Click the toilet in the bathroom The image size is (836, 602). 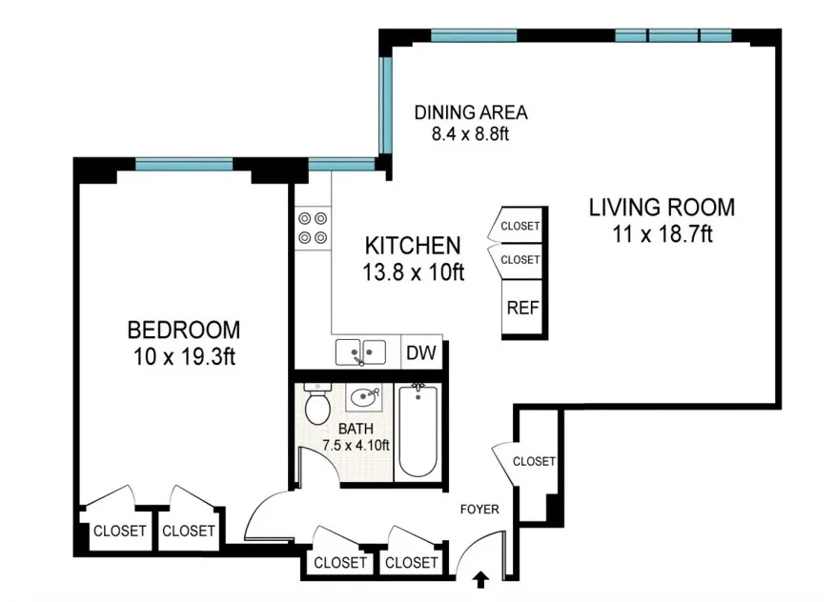316,405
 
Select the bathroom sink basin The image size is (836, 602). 363,396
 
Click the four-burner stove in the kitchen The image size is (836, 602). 313,228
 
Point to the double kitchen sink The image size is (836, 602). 360,351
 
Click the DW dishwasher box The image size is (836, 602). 420,352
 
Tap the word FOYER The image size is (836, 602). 479,509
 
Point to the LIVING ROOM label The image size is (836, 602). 661,207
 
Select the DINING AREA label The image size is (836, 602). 470,112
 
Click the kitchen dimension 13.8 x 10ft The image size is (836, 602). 413,271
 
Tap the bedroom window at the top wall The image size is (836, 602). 184,164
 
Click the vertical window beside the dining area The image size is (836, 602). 385,105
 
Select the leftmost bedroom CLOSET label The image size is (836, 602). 119,531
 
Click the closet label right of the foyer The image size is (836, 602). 534,461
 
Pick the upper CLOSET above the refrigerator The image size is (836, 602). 520,227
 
